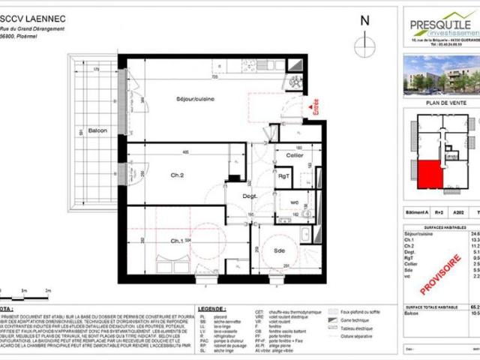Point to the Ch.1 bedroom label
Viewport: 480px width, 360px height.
[177, 241]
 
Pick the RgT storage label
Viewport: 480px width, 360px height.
[285, 177]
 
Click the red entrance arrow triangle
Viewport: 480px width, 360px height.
[310, 115]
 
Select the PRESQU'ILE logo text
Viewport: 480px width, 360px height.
[442, 24]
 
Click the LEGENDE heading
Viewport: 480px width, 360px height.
[212, 308]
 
